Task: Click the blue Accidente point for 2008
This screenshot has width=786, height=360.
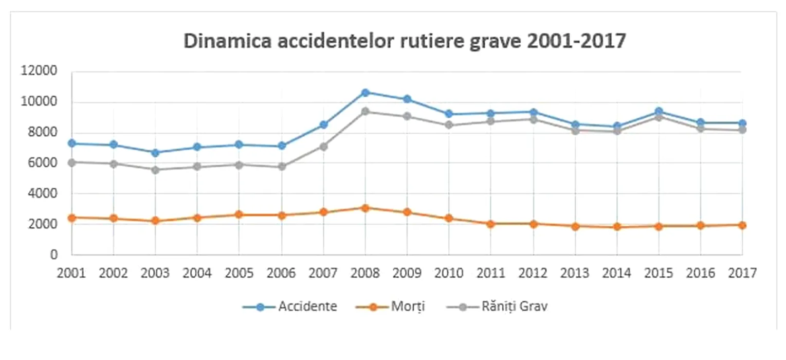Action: [x=365, y=93]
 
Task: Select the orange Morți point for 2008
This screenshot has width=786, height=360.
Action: [x=365, y=208]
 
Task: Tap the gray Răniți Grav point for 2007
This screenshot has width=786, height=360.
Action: [x=323, y=147]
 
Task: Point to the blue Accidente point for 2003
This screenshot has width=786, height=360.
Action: [x=155, y=153]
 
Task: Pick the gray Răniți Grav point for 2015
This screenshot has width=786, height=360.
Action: [x=659, y=117]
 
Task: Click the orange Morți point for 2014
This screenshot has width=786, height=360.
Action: [x=617, y=227]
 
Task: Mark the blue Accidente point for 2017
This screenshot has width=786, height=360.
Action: [x=742, y=123]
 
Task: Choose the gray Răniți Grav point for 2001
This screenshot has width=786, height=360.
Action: [x=72, y=162]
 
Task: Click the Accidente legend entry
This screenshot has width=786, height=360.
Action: [x=290, y=307]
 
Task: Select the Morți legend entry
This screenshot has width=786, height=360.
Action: [x=390, y=307]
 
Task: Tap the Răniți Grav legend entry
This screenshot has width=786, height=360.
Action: [x=497, y=307]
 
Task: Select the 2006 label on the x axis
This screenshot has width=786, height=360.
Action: [x=281, y=273]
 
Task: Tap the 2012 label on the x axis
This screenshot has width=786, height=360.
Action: [x=533, y=273]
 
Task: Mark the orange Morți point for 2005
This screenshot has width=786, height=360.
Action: [x=239, y=214]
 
